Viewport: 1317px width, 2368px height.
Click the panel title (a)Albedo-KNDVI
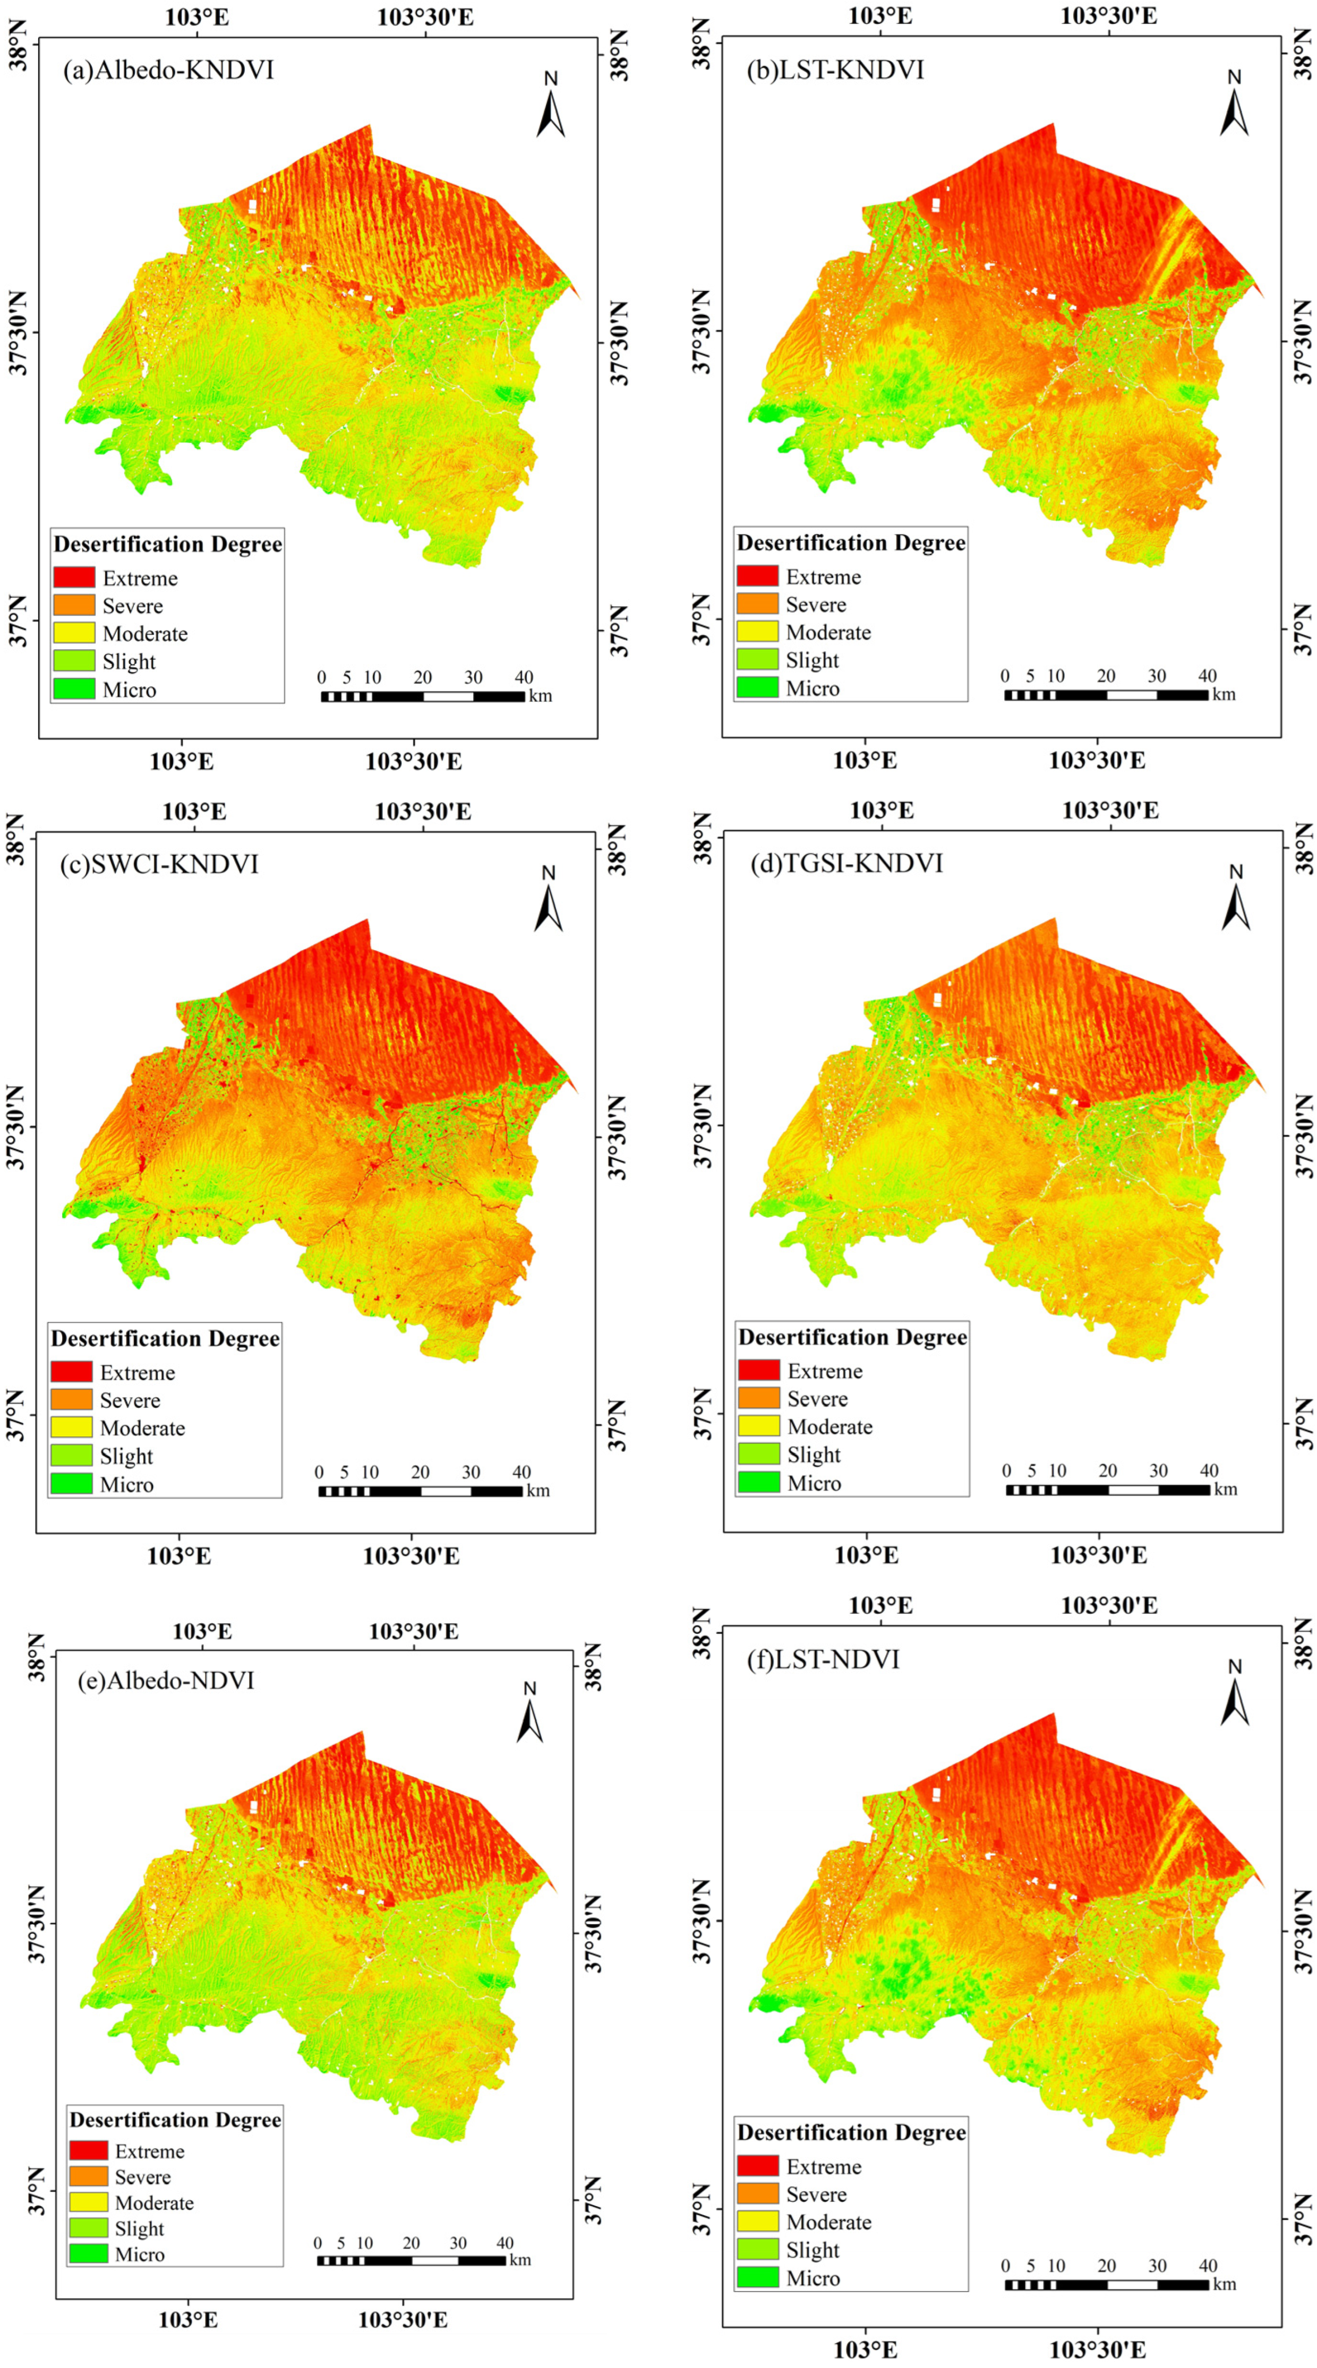pos(168,70)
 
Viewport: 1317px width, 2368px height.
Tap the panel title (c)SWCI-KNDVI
pos(159,864)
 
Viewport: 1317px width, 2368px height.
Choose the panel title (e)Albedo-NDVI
pos(166,1681)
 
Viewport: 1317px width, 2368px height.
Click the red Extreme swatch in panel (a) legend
pos(74,578)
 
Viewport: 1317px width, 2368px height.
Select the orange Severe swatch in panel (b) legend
pos(757,604)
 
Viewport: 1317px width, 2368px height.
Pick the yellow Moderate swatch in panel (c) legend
pos(71,1427)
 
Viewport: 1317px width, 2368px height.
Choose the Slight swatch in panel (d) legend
pos(759,1454)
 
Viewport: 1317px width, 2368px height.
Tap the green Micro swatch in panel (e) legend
pos(88,2253)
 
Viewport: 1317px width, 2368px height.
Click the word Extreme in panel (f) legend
pos(823,2167)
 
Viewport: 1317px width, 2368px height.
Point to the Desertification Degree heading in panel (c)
pos(165,1338)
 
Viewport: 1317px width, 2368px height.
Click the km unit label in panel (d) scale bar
pos(1225,1489)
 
